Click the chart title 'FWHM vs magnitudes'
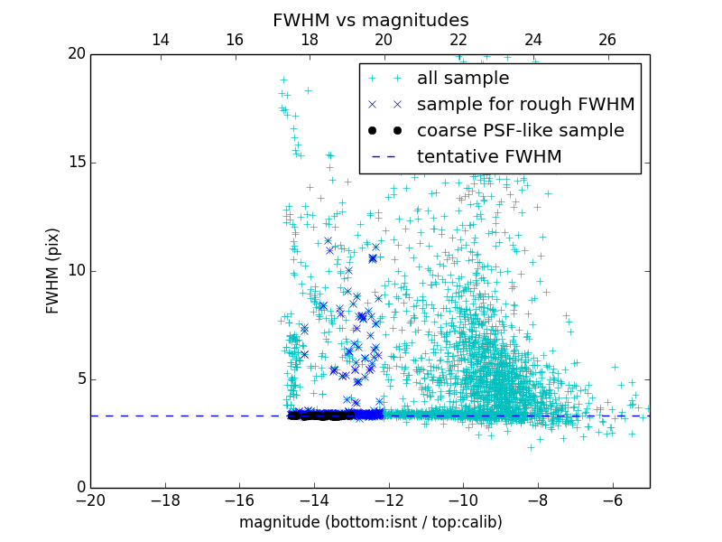[370, 20]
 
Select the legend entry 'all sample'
[463, 79]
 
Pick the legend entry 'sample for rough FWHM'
[525, 105]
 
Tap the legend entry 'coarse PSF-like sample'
[520, 131]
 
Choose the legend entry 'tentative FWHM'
[489, 157]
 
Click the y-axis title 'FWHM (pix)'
[53, 270]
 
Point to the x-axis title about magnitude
[370, 522]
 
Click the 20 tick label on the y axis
[75, 54]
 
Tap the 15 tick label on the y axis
[75, 163]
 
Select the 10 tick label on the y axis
[75, 271]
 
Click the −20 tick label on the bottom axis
[90, 500]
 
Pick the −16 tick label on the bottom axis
[239, 500]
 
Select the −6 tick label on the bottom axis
[612, 500]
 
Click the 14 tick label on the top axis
[160, 40]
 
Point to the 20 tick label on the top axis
[384, 40]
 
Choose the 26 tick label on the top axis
[607, 40]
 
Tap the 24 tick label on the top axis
[532, 40]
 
